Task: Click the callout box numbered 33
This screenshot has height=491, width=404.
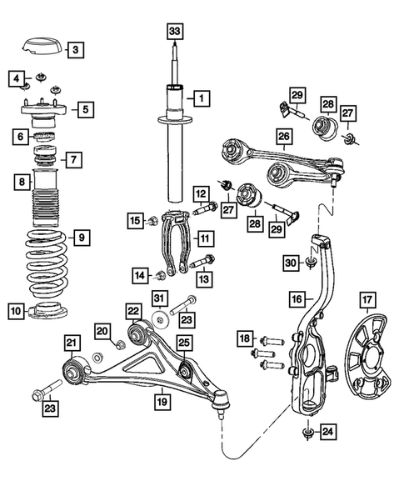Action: pos(173,32)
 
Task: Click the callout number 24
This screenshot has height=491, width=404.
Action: pos(329,431)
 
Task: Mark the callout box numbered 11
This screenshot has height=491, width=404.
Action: pos(204,238)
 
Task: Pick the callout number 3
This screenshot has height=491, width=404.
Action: pos(75,50)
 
